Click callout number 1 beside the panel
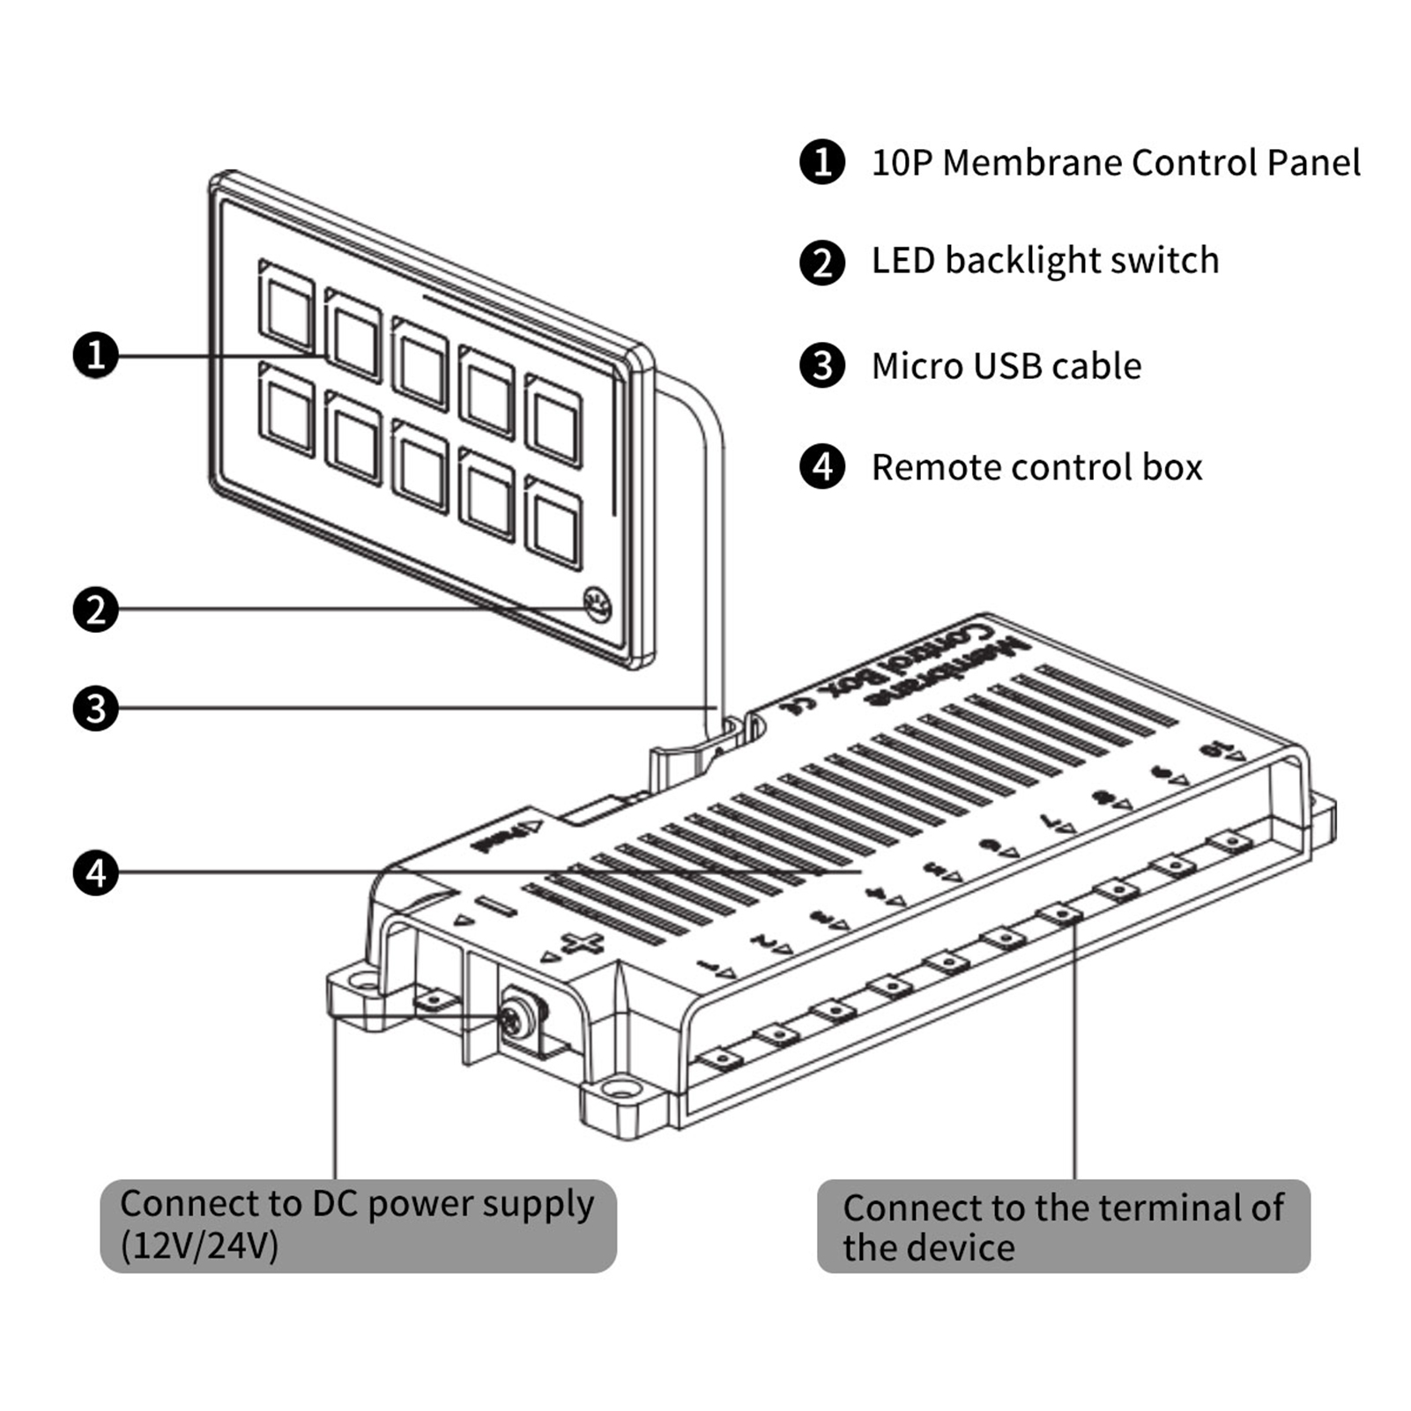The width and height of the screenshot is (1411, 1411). pos(95,355)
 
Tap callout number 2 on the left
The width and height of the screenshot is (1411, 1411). pos(95,609)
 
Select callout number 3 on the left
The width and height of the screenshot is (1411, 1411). pos(95,709)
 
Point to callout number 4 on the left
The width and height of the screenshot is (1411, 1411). pos(95,873)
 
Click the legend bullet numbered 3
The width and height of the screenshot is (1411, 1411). pos(821,366)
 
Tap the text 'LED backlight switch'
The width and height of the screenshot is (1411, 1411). pos(1044,261)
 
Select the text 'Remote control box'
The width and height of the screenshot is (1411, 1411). pos(1036,468)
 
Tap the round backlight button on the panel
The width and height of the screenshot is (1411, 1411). pos(598,605)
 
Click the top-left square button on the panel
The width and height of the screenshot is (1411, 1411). pos(286,306)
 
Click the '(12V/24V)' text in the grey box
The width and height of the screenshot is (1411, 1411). pos(199,1246)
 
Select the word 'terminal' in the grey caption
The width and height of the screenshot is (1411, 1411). pos(1163,1208)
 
